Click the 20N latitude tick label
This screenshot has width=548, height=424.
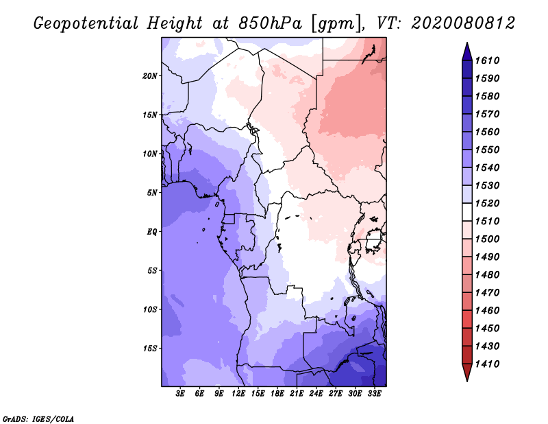coord(149,76)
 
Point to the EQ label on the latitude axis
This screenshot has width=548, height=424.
coord(151,232)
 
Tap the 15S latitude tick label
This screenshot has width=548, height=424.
coord(149,349)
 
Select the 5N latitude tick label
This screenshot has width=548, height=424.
coord(151,193)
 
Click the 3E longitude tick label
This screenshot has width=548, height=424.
coord(180,394)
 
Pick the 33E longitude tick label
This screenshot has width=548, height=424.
coord(374,394)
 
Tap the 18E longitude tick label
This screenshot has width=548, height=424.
coord(277,394)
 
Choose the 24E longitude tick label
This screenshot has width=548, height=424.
coord(316,394)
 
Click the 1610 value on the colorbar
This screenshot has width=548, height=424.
coord(487,60)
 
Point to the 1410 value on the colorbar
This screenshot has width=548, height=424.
coord(487,364)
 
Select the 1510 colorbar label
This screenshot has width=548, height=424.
coord(487,222)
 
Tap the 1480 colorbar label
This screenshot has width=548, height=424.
coord(487,275)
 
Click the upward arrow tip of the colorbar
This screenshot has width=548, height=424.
coord(467,43)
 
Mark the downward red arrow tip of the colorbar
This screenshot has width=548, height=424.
coord(467,381)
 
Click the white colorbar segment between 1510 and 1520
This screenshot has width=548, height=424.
coord(467,212)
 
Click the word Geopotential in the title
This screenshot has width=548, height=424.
coord(86,24)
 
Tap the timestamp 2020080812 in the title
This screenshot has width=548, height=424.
coord(463,23)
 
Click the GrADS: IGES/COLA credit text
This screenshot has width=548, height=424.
coord(38,419)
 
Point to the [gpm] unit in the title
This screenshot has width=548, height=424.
coord(336,24)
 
